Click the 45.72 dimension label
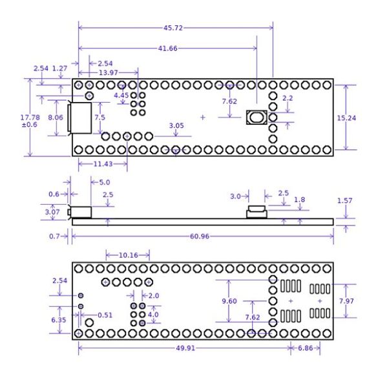click(x=173, y=28)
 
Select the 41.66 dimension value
click(x=168, y=48)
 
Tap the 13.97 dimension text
click(x=109, y=72)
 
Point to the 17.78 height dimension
click(x=30, y=118)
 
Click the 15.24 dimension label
click(x=346, y=118)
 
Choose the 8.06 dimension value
click(x=56, y=118)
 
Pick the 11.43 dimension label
click(x=103, y=164)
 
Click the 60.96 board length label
click(x=200, y=236)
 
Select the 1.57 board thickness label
click(x=345, y=200)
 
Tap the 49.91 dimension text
click(x=185, y=348)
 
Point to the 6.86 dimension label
click(x=306, y=348)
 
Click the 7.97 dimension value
click(x=346, y=301)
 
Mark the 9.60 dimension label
click(x=229, y=301)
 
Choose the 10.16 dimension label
click(x=129, y=255)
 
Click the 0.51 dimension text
click(x=105, y=315)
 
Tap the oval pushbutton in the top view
click(x=257, y=118)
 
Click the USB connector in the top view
click(x=79, y=118)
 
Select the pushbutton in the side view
click(x=257, y=212)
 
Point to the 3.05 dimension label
click(x=176, y=125)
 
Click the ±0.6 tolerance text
click(x=30, y=125)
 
